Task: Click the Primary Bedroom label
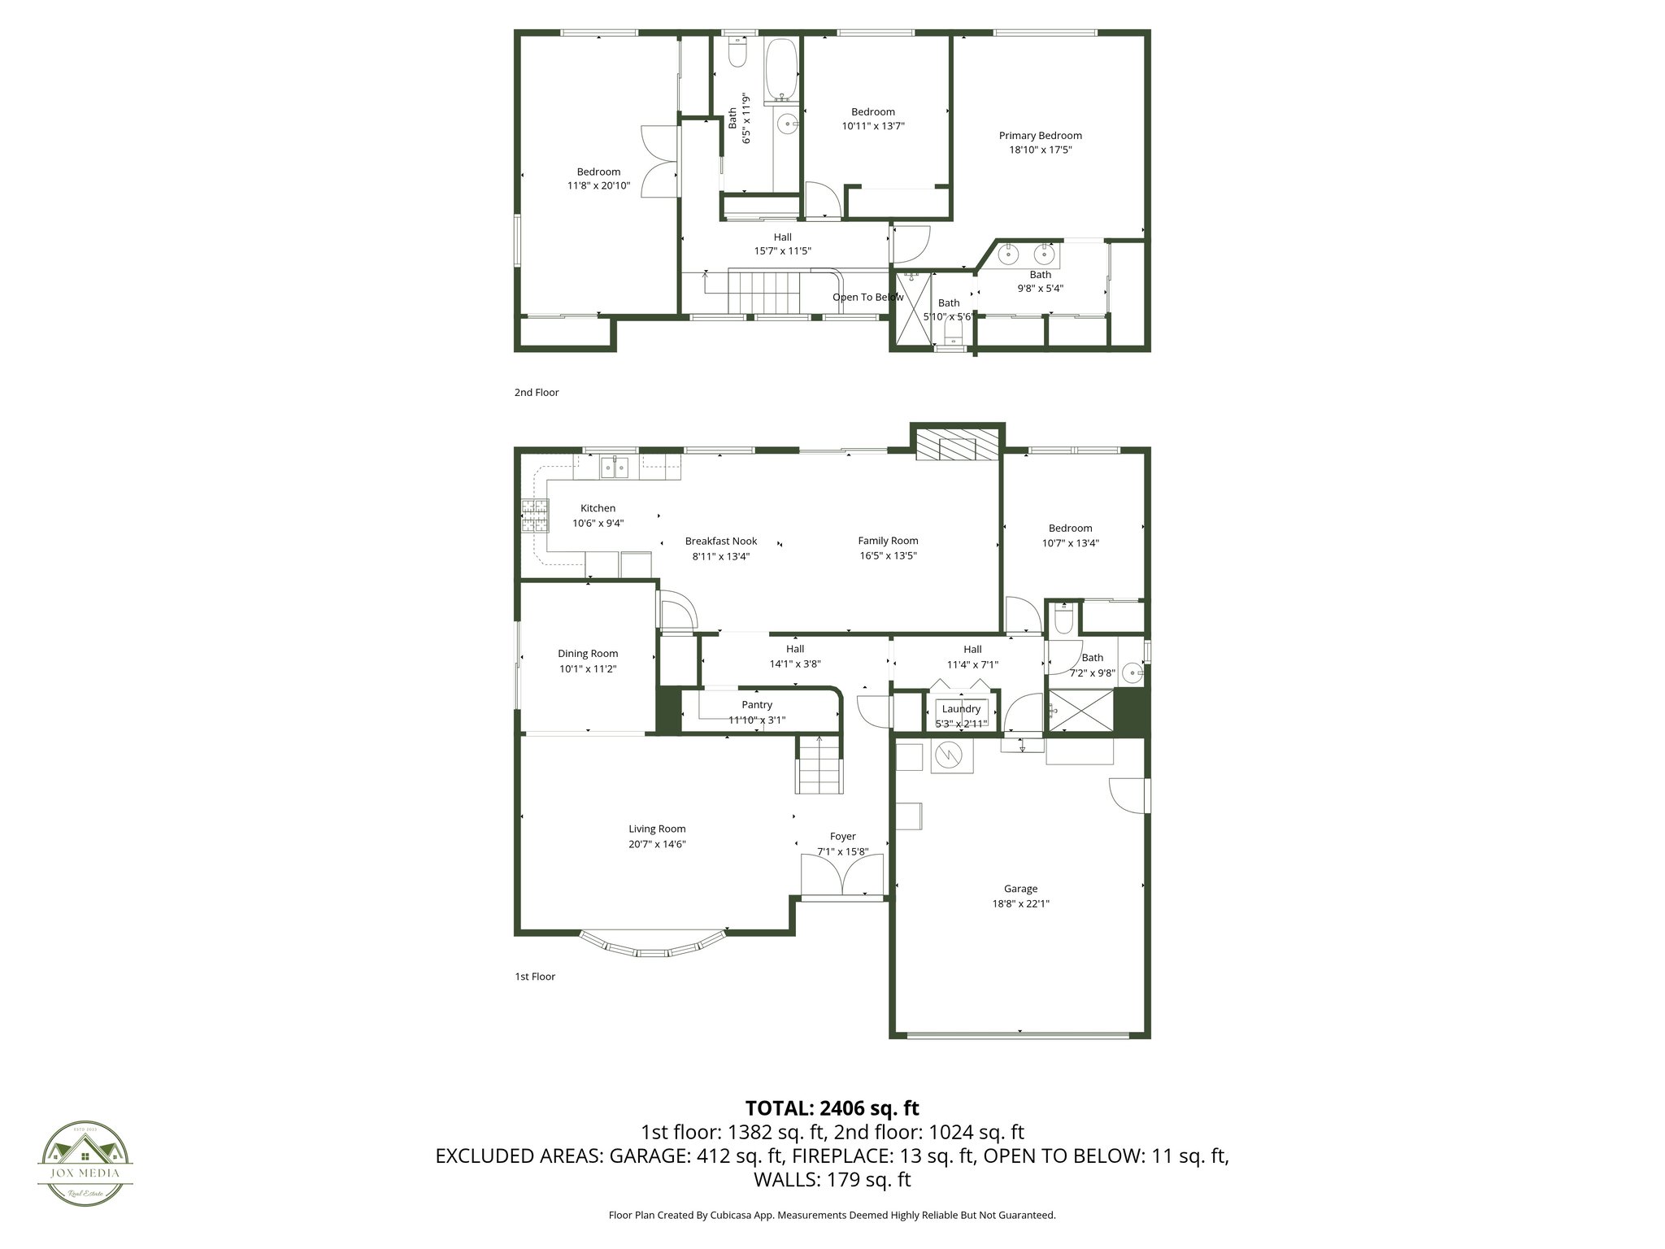click(x=1040, y=136)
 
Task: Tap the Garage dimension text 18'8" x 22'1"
click(x=1020, y=903)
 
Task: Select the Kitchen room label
click(x=598, y=508)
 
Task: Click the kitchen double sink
click(x=615, y=468)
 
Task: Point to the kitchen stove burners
click(x=534, y=516)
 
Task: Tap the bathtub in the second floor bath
click(x=782, y=68)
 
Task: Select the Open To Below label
click(x=867, y=297)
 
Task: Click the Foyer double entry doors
click(x=842, y=878)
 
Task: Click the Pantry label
click(x=756, y=705)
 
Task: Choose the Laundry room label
click(x=961, y=709)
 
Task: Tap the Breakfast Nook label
click(x=720, y=541)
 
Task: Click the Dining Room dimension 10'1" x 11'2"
click(x=588, y=668)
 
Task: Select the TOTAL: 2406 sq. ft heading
click(x=832, y=1108)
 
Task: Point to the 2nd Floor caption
click(x=536, y=392)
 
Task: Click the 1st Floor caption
click(x=534, y=976)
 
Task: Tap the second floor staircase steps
click(x=764, y=293)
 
